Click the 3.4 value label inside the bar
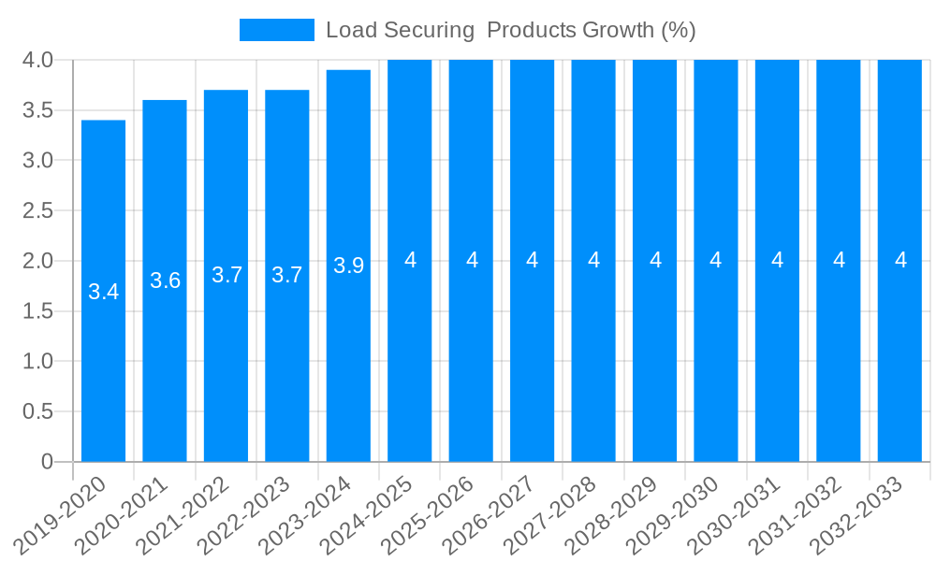click(103, 292)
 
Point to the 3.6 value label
click(165, 280)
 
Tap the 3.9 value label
click(348, 266)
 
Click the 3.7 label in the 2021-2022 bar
click(227, 275)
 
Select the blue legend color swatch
click(276, 30)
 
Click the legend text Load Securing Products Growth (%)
click(510, 30)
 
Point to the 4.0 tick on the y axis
click(37, 61)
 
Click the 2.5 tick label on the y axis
click(37, 210)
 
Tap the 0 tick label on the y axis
click(47, 462)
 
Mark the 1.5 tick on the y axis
click(37, 311)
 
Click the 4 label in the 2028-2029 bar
click(655, 261)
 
